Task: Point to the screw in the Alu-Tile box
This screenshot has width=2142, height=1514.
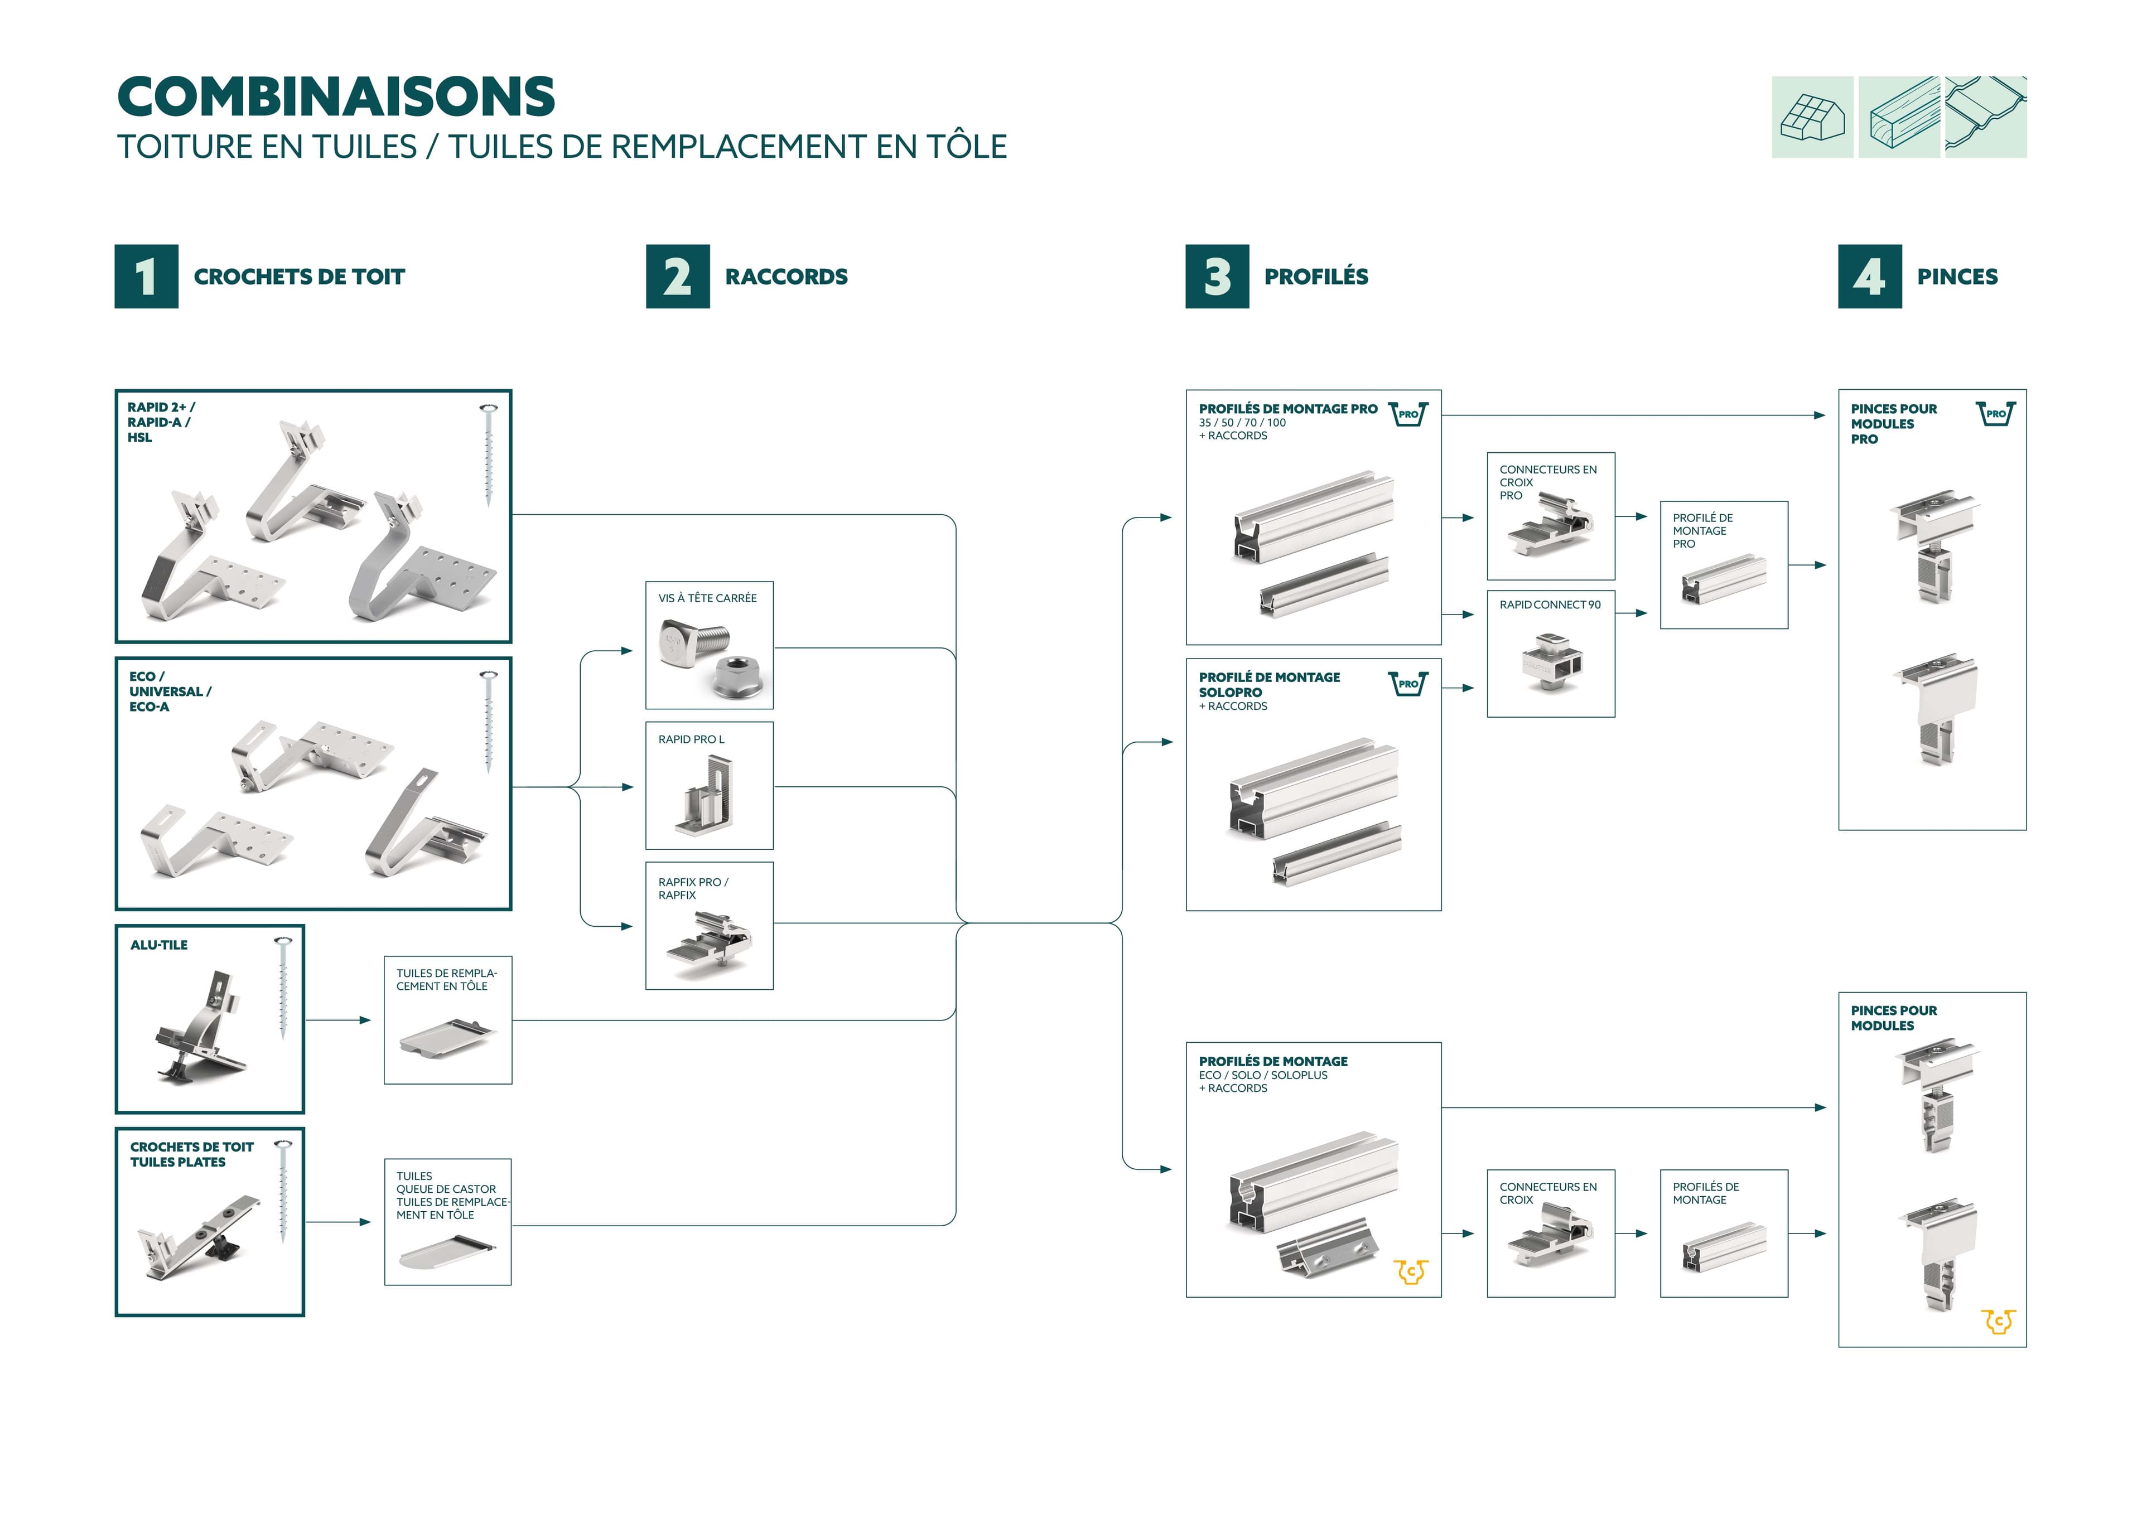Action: click(x=283, y=988)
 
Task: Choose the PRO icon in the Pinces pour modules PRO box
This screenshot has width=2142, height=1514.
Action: click(x=1995, y=413)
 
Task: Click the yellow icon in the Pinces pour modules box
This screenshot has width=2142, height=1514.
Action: click(x=1998, y=1321)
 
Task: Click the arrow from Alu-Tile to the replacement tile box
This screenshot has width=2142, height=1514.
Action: click(x=337, y=1020)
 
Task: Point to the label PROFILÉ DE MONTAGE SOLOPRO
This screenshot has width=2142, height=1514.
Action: click(x=1269, y=685)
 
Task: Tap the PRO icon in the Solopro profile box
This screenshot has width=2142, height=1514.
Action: click(x=1408, y=684)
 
